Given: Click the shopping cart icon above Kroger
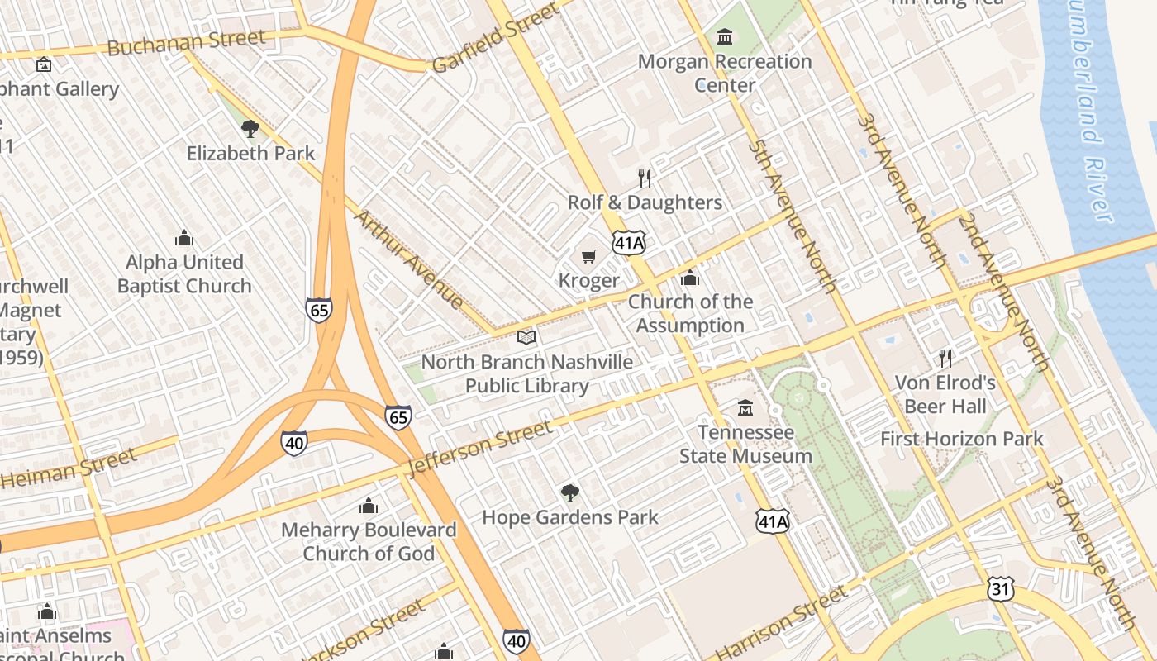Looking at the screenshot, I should [588, 256].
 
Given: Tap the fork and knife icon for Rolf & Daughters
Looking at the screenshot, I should [645, 178].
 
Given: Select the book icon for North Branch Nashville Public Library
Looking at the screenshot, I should [526, 337].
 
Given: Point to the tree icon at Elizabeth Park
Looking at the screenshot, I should [250, 129].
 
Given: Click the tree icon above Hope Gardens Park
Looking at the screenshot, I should [569, 493].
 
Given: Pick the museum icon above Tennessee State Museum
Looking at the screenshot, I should [745, 408].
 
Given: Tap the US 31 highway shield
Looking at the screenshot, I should [1000, 589].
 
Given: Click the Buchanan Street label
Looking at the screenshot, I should [186, 42].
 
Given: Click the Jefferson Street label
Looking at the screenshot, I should [479, 449].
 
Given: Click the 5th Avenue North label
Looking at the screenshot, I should [793, 216].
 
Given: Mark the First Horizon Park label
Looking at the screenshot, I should [962, 439].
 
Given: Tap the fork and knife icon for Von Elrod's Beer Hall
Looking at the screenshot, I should [945, 358].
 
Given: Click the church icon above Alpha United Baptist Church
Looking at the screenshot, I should [184, 239].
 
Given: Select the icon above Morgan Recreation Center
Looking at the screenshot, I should [725, 36].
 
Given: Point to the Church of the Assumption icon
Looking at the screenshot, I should [690, 278].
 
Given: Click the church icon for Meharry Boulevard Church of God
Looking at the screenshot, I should [369, 506].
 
